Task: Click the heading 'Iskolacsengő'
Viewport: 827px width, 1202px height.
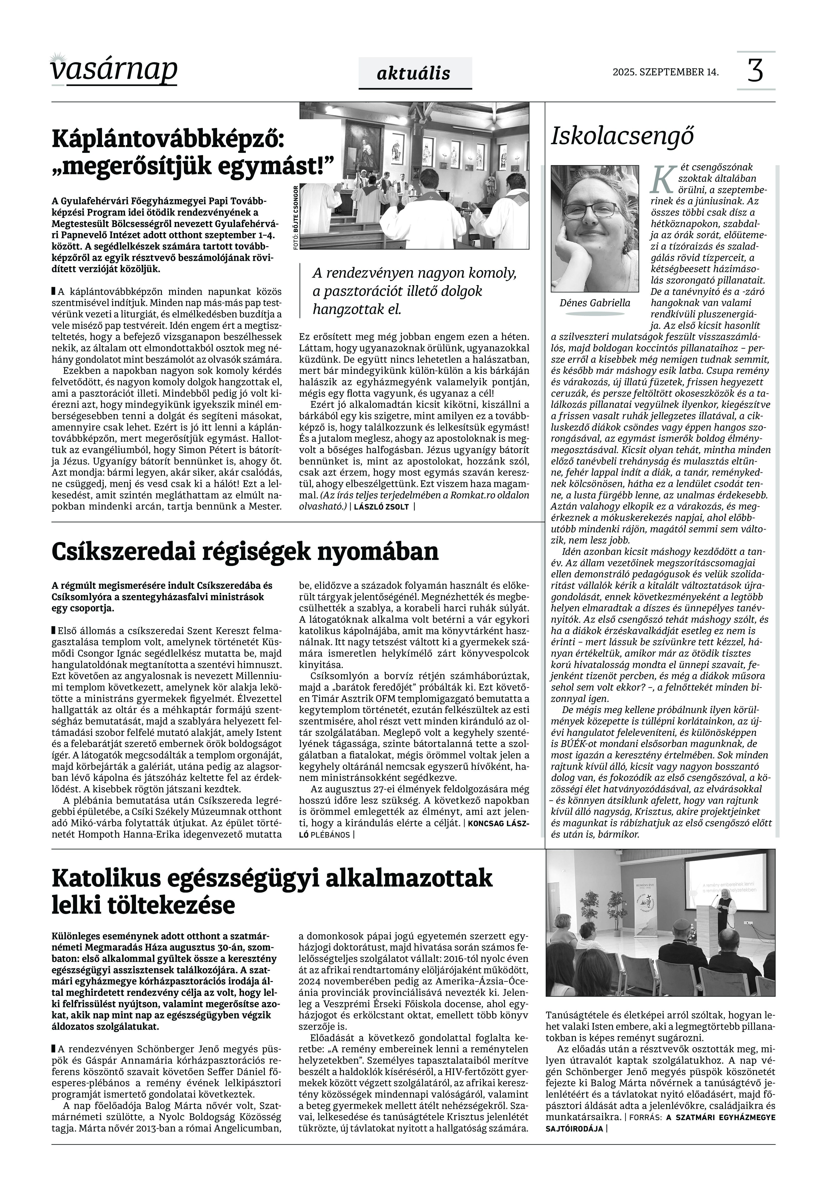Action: tap(622, 136)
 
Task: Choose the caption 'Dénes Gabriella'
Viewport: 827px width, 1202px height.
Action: tap(595, 303)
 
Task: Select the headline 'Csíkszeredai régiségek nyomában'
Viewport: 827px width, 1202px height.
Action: tap(244, 551)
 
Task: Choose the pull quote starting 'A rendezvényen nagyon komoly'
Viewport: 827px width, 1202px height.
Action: tap(415, 291)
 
